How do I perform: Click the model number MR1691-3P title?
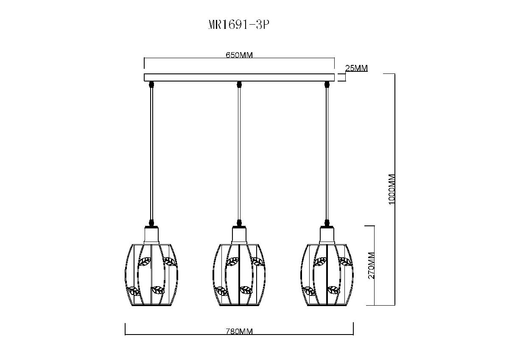[239, 25]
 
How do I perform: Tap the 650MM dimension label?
[239, 55]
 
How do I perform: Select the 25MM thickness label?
[356, 68]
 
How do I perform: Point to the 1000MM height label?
[392, 189]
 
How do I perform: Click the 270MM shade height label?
[371, 266]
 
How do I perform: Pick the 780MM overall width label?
[239, 332]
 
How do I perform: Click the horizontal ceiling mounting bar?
[239, 77]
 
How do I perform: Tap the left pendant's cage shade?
[151, 275]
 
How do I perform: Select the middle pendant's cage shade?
[239, 275]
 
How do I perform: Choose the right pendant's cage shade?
[327, 275]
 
